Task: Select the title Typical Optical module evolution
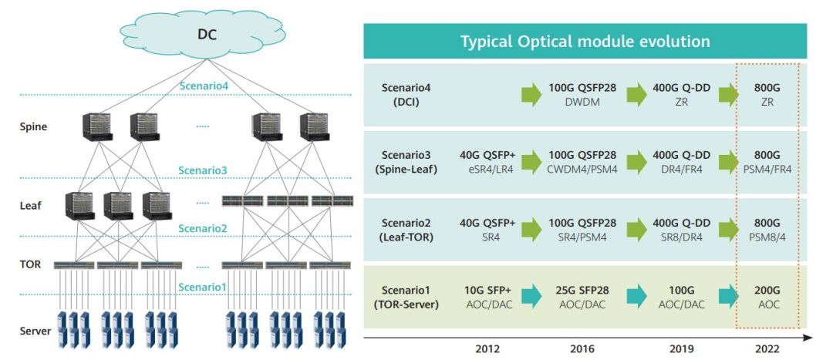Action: point(585,42)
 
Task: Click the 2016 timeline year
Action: point(582,348)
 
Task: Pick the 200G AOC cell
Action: point(767,298)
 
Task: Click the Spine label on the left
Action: point(33,126)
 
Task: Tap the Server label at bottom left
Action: point(35,331)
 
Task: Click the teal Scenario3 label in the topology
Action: point(203,170)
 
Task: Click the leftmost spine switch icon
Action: point(96,127)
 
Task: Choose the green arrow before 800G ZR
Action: point(728,95)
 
